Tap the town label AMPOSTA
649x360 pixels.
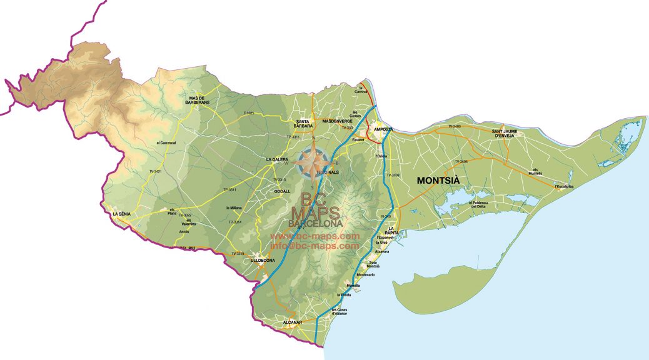pyautogui.click(x=383, y=129)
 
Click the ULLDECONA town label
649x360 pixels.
pyautogui.click(x=263, y=259)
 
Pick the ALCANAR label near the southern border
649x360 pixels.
pyautogui.click(x=292, y=322)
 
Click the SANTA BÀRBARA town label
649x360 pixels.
pyautogui.click(x=304, y=123)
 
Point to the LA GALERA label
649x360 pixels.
pyautogui.click(x=277, y=159)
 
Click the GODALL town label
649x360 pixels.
pyautogui.click(x=283, y=191)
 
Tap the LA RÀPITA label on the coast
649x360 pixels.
pyautogui.click(x=393, y=231)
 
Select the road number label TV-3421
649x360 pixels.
pyautogui.click(x=156, y=171)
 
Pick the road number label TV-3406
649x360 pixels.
pyautogui.click(x=461, y=162)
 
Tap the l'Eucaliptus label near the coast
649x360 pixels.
pyautogui.click(x=565, y=186)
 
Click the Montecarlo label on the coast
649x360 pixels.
pyautogui.click(x=365, y=275)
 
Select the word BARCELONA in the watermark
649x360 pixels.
pyautogui.click(x=316, y=223)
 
